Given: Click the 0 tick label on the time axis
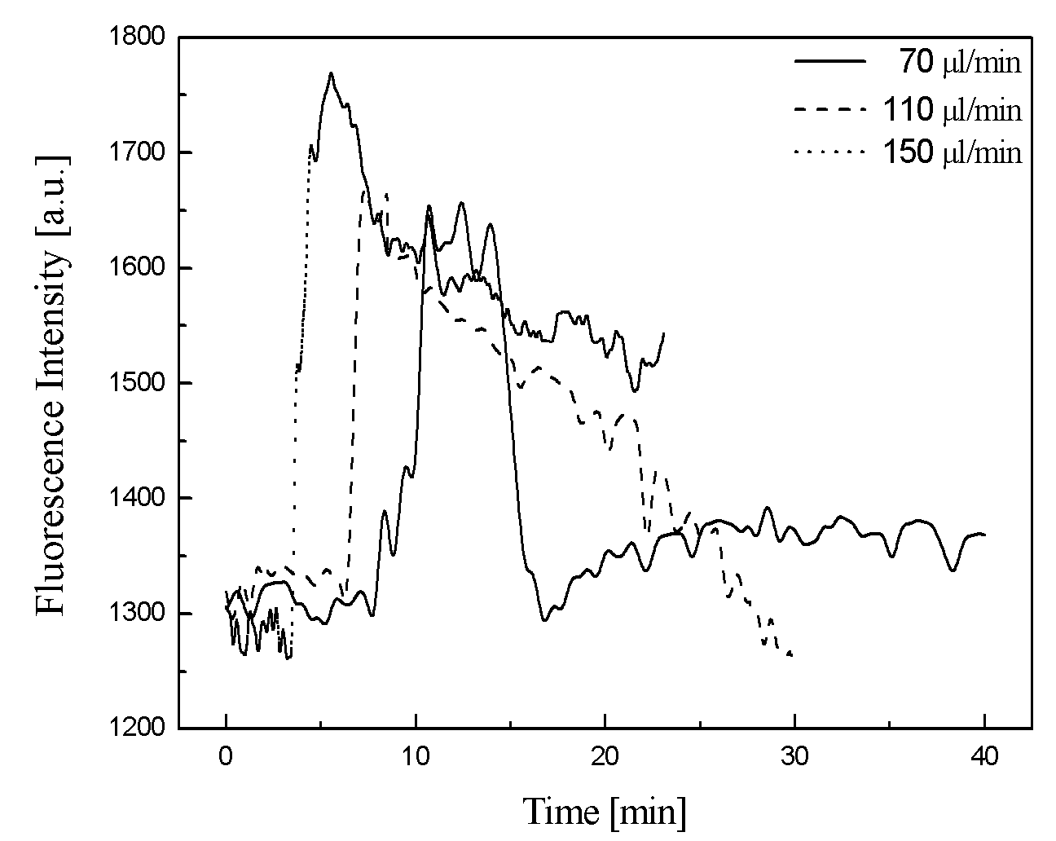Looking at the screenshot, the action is click(x=226, y=756).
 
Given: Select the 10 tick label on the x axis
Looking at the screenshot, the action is click(x=416, y=756).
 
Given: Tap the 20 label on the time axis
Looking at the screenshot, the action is click(x=605, y=756).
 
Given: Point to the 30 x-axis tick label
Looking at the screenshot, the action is click(x=794, y=756).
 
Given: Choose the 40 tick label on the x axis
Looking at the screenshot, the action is click(x=983, y=756).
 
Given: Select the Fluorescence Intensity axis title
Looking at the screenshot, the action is click(x=51, y=385).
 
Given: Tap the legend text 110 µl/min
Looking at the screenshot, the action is click(x=953, y=109).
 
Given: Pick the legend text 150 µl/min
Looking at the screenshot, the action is click(x=953, y=152).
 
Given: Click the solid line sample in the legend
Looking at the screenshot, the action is click(x=829, y=61).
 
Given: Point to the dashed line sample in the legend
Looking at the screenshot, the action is click(x=829, y=109).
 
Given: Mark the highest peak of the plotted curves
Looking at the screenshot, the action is click(x=332, y=73).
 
